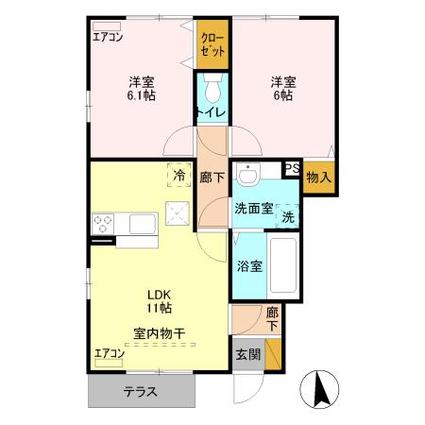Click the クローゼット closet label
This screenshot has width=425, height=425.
212,45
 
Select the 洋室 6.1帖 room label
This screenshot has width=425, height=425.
142,88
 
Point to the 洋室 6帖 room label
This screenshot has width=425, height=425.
283,88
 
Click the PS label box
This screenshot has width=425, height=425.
292,170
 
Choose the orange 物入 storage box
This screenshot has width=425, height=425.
319,176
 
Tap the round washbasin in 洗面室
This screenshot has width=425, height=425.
248,177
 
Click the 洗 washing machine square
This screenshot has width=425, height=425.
288,214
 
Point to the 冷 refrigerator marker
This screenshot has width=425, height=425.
178,174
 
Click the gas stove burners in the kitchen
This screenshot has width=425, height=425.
103,224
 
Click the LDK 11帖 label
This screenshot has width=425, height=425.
159,300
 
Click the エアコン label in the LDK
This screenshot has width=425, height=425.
109,354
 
